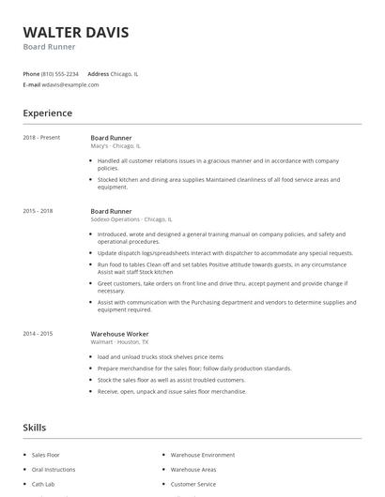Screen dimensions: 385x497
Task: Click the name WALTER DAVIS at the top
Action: point(76,32)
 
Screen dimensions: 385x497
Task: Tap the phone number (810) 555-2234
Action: point(60,73)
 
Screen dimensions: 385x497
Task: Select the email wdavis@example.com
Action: point(70,84)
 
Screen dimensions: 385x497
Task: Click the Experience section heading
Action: point(47,113)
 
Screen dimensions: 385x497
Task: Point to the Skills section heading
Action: point(35,428)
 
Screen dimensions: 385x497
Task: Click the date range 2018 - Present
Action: point(41,138)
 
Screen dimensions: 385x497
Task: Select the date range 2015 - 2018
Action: point(38,211)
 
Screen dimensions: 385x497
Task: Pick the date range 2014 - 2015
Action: point(38,333)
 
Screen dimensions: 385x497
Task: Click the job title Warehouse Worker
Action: point(119,333)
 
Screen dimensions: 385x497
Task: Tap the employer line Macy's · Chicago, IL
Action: point(115,146)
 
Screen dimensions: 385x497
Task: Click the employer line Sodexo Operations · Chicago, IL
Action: point(131,219)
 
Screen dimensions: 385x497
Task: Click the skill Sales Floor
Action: point(46,454)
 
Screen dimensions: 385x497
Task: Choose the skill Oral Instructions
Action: point(54,469)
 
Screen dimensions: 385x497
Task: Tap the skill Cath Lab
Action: point(44,484)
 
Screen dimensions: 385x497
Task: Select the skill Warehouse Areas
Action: point(193,469)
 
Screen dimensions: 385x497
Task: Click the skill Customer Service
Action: point(193,484)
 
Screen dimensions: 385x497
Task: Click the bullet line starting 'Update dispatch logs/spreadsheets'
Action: point(225,253)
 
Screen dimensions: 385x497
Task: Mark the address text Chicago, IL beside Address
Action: point(125,73)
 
